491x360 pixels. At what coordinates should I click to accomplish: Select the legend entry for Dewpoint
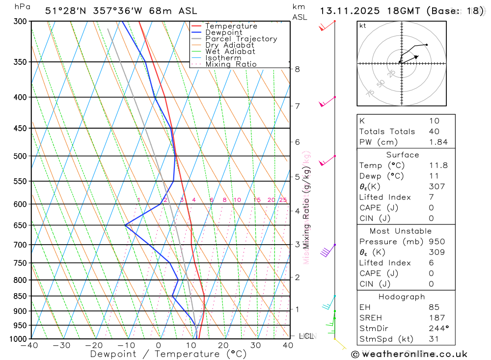point(223,32)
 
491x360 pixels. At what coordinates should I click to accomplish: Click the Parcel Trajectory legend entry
point(241,39)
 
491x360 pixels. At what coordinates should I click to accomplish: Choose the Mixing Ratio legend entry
point(231,64)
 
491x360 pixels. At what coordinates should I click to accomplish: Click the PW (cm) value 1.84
point(438,142)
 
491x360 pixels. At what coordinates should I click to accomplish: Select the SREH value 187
point(436,318)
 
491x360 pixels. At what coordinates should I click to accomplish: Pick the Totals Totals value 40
point(434,132)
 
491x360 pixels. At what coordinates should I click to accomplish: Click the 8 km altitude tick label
point(298,69)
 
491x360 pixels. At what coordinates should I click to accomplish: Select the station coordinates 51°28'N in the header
point(63,11)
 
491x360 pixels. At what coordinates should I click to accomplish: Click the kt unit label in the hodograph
point(363,26)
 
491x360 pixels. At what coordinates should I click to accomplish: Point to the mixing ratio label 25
point(283,200)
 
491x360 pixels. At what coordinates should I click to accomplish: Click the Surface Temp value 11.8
point(438,166)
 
